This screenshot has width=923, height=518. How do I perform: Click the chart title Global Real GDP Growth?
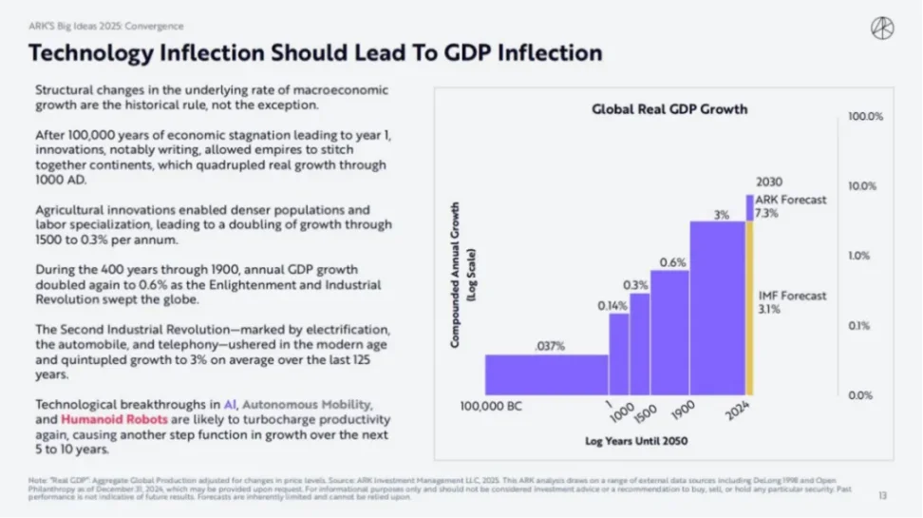tap(669, 108)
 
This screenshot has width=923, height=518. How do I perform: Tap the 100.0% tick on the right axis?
tap(865, 116)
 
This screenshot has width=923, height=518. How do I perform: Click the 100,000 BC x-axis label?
tap(491, 407)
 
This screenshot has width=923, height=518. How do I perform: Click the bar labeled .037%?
tap(547, 374)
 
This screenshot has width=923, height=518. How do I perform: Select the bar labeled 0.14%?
tap(619, 354)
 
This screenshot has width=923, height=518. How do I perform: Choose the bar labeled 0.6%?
tap(671, 333)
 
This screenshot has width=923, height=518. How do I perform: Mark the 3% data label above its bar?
tap(722, 215)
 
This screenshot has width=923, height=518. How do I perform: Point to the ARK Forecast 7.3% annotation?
tap(779, 206)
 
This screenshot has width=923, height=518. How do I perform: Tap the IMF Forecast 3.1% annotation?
tap(779, 302)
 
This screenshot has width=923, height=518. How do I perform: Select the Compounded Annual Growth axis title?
tap(462, 276)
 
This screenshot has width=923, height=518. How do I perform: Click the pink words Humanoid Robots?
tap(103, 418)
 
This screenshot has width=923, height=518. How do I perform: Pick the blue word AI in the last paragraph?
tap(230, 403)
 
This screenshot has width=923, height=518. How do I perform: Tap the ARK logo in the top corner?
tap(882, 29)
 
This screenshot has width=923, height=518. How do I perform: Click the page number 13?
tap(882, 495)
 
